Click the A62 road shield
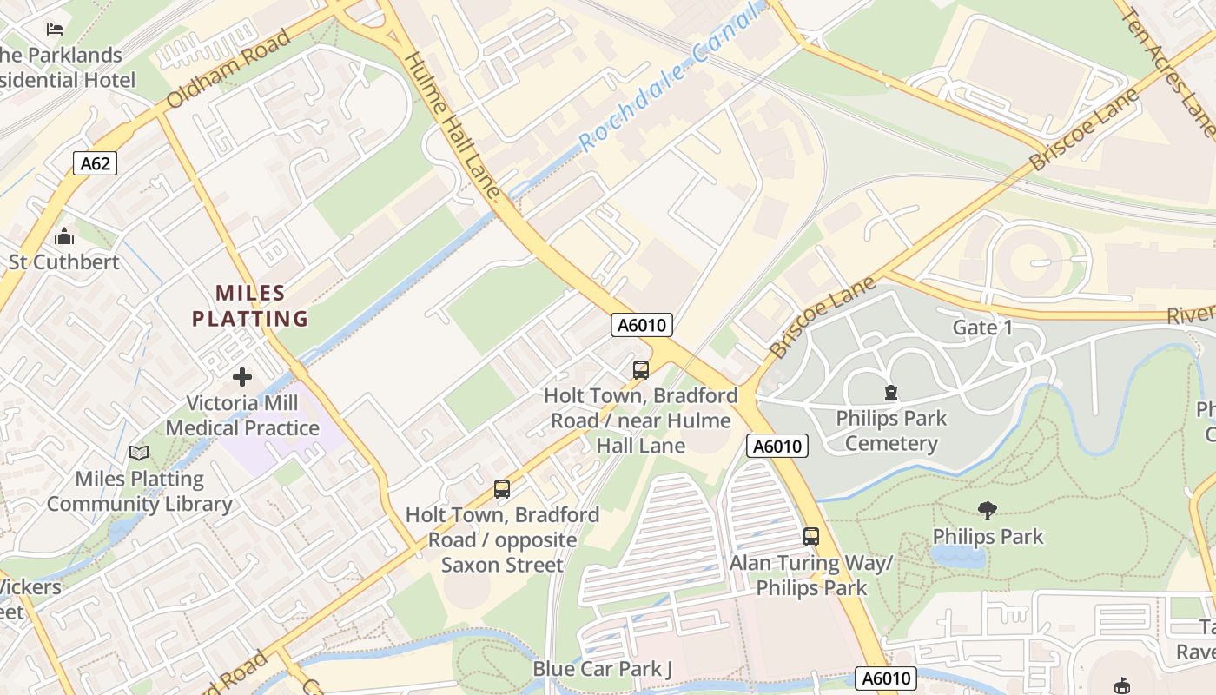tap(95, 162)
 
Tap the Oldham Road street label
tap(228, 70)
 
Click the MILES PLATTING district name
tap(250, 306)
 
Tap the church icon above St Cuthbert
tap(63, 236)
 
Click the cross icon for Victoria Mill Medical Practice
tap(242, 377)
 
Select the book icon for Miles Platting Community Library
tap(139, 453)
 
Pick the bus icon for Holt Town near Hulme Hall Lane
tap(641, 370)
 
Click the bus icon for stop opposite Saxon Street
tap(502, 489)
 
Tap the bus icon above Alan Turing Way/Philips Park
tap(811, 537)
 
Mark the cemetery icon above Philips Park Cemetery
tap(890, 393)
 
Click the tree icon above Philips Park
tap(987, 511)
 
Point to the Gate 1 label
tap(982, 328)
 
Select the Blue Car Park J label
tap(603, 669)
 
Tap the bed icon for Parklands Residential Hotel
tap(55, 30)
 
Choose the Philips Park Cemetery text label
tap(891, 431)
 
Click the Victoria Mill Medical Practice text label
tap(243, 415)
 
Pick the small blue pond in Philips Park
tap(957, 556)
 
